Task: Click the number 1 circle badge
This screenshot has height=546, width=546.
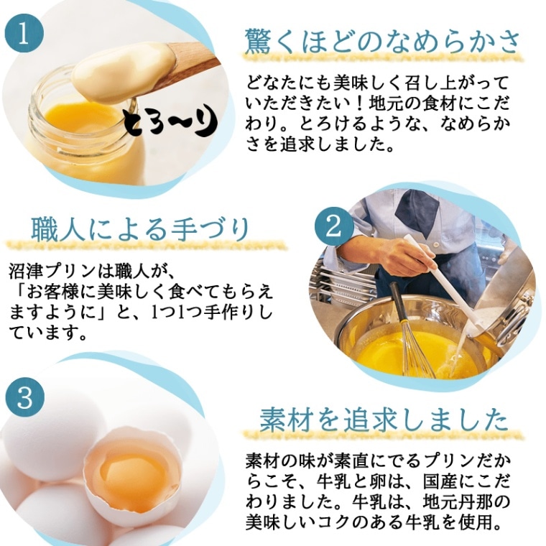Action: tap(24, 34)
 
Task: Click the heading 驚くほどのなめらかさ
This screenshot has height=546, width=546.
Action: tap(383, 41)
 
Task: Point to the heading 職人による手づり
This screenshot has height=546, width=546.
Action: tap(141, 229)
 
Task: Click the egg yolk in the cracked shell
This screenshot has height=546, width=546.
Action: tap(133, 475)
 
